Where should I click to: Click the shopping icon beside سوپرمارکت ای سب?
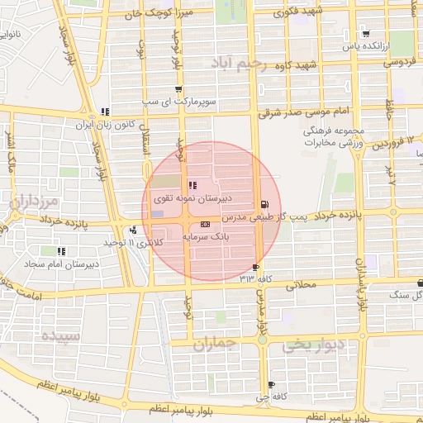pos(178,89)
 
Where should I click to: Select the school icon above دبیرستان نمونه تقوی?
pos(192,185)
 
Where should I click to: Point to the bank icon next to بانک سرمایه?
pos(206,224)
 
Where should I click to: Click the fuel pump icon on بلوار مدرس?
pos(264,204)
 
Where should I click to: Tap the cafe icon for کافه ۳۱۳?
pos(255,267)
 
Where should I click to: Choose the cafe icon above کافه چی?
pos(271,385)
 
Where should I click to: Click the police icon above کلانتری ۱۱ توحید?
pos(133,231)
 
